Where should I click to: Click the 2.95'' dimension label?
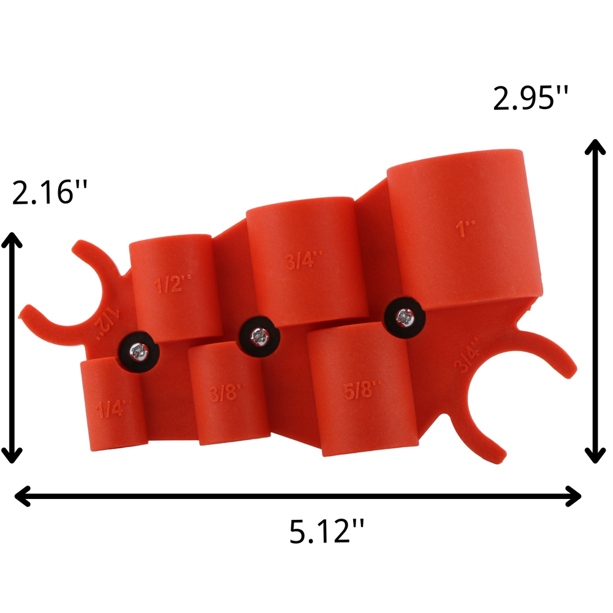point(531,98)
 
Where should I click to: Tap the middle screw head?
point(258,336)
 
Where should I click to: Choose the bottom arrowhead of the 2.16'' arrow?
point(12,457)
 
